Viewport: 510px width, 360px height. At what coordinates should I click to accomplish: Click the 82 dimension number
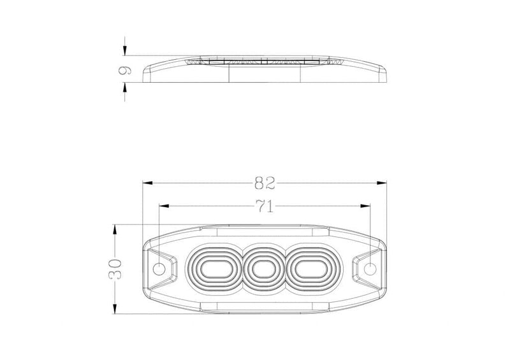265,183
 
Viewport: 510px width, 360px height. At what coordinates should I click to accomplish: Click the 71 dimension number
265,206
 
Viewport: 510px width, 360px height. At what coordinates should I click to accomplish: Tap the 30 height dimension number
115,270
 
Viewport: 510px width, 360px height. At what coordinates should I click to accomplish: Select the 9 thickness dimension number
124,70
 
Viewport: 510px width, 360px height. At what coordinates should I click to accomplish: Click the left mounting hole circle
159,270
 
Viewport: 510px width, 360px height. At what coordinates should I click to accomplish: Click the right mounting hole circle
370,270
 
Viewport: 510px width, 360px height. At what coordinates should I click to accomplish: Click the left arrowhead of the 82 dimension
148,183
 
